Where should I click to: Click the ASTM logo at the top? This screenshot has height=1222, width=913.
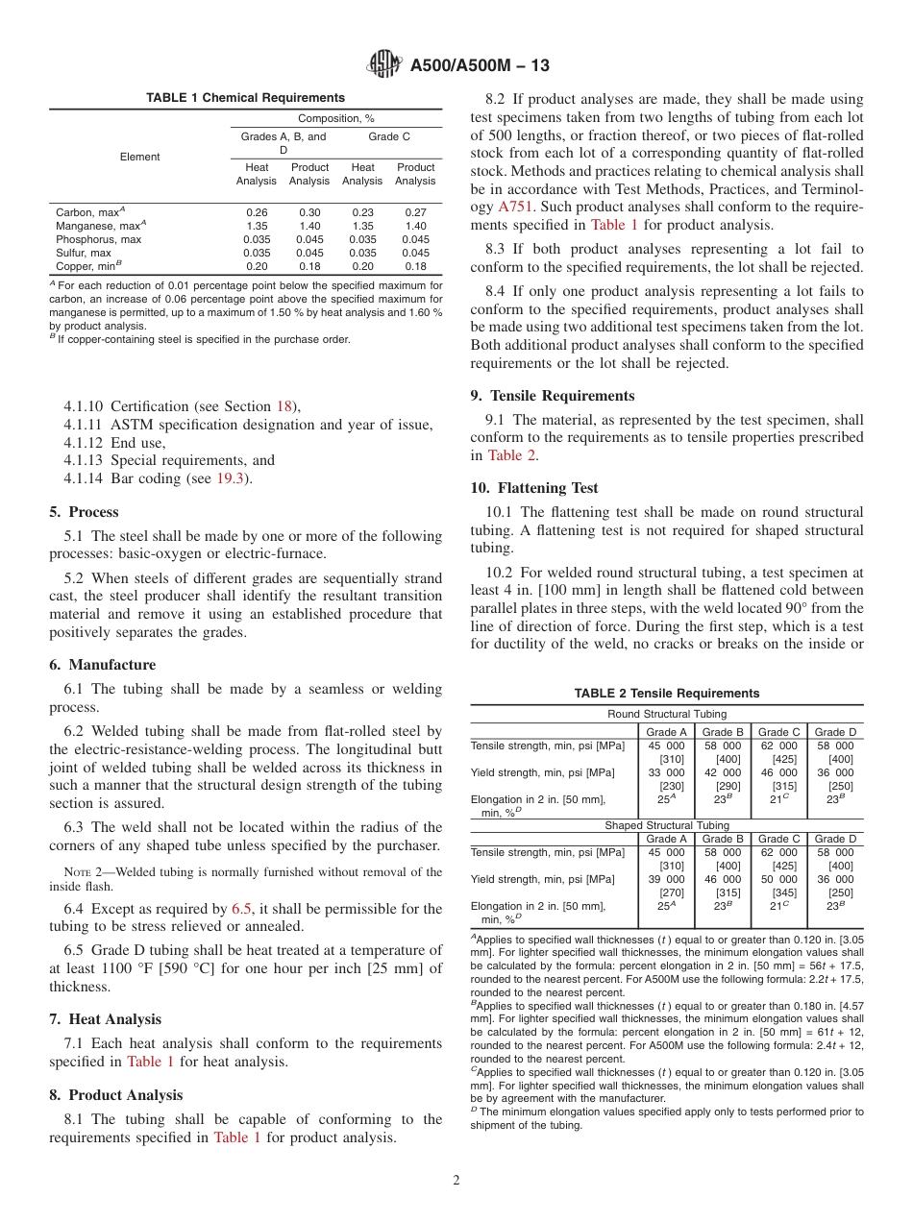(x=385, y=64)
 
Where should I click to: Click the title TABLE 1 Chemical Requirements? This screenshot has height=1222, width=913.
(x=245, y=97)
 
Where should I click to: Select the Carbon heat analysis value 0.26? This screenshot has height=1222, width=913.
(x=257, y=212)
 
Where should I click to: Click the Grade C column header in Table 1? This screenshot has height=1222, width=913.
(x=389, y=136)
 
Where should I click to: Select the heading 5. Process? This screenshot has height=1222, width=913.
(x=85, y=511)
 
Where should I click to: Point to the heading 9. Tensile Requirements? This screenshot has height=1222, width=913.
(x=553, y=395)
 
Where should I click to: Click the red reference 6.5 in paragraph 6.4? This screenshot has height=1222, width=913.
(x=242, y=908)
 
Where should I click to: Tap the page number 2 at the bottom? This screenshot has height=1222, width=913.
(x=456, y=1181)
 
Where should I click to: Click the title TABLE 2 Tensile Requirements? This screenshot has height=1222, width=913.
(x=666, y=693)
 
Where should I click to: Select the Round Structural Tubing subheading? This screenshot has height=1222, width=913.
(x=666, y=714)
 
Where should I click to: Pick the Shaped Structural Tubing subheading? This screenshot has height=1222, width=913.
(x=666, y=825)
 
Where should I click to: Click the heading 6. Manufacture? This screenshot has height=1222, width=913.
(x=102, y=664)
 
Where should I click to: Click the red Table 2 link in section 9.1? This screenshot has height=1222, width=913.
(x=511, y=455)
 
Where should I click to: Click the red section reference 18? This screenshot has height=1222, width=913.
(x=284, y=406)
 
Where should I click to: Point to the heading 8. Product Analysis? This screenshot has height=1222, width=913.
(x=116, y=1094)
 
